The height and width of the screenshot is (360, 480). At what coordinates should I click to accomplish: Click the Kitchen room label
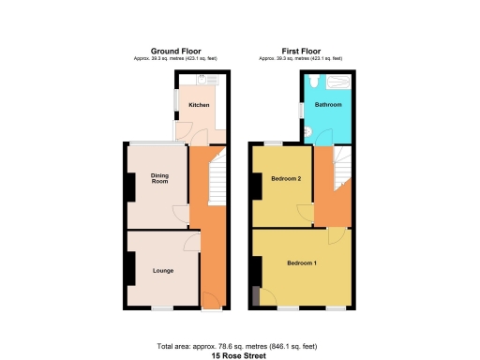tap(199, 105)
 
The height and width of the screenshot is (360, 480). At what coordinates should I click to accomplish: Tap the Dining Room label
tap(160, 178)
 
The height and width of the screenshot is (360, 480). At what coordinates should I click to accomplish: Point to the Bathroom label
tap(327, 105)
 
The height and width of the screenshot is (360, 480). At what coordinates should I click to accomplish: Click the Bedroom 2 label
tap(286, 179)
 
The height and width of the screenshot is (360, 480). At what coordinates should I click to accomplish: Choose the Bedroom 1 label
tap(302, 262)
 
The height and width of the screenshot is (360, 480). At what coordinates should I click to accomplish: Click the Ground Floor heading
tap(177, 51)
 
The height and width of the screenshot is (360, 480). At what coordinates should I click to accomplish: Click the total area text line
tap(240, 346)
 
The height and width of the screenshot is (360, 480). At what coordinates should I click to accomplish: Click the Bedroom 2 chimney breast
tap(253, 186)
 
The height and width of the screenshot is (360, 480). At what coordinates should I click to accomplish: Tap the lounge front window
tap(163, 308)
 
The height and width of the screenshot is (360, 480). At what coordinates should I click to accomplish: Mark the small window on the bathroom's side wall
tap(302, 111)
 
